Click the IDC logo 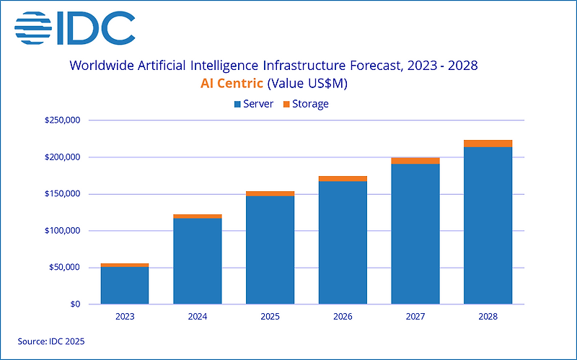(x=74, y=27)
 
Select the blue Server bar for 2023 (x=125, y=286)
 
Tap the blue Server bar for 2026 (x=343, y=242)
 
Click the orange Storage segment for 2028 (x=488, y=144)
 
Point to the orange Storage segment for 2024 (x=198, y=216)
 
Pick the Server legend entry (x=253, y=104)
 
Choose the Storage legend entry (x=307, y=104)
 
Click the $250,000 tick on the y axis (x=62, y=120)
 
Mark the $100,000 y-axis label (x=62, y=231)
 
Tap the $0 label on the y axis (x=74, y=304)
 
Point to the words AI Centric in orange (x=232, y=84)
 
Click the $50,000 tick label (x=64, y=268)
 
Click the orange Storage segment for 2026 (x=343, y=179)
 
